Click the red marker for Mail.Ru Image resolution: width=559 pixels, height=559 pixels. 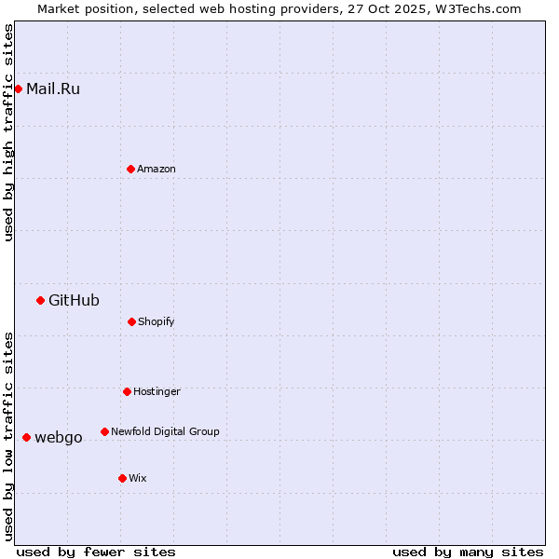pos(19,89)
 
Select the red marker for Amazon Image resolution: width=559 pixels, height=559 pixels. pos(131,169)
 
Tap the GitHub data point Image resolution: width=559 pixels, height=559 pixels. pos(40,300)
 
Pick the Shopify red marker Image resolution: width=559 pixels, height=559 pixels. pos(131,321)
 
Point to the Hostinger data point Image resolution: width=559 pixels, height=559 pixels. pos(127,391)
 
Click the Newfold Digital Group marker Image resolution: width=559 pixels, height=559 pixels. pos(104,431)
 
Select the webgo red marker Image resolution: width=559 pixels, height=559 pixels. pos(26,437)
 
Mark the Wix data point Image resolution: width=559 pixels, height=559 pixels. pos(122,478)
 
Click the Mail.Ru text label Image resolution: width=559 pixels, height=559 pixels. pos(53,89)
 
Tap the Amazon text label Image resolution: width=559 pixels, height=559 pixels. pos(157,169)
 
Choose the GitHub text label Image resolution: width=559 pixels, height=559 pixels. pos(74,300)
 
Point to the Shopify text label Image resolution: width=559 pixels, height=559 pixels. pos(157,321)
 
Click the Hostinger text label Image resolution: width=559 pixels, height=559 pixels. pos(157,391)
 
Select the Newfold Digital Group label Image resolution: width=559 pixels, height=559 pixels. pos(165,431)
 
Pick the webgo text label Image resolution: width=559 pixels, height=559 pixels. pos(58,437)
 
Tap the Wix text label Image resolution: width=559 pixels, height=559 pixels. pos(138,478)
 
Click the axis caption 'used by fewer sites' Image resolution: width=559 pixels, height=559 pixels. pos(96,552)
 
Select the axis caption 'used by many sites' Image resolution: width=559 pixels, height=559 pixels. pos(468,552)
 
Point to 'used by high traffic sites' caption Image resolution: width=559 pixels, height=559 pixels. pos(8,133)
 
